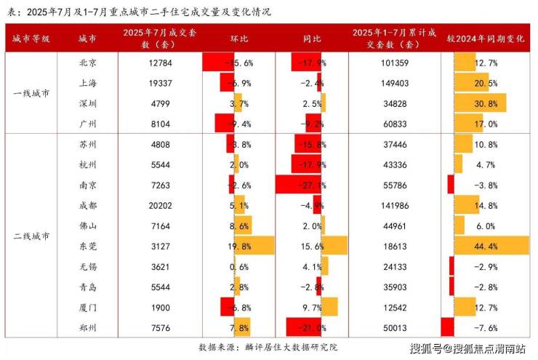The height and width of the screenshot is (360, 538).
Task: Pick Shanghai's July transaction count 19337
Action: click(x=161, y=83)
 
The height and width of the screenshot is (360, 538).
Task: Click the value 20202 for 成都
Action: click(x=161, y=205)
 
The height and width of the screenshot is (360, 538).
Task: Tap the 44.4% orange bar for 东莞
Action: click(x=491, y=246)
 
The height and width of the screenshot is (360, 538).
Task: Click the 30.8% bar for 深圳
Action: click(x=480, y=103)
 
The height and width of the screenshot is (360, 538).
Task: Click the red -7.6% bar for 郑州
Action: click(x=447, y=327)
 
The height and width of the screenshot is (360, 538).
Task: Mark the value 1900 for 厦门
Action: click(x=161, y=307)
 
